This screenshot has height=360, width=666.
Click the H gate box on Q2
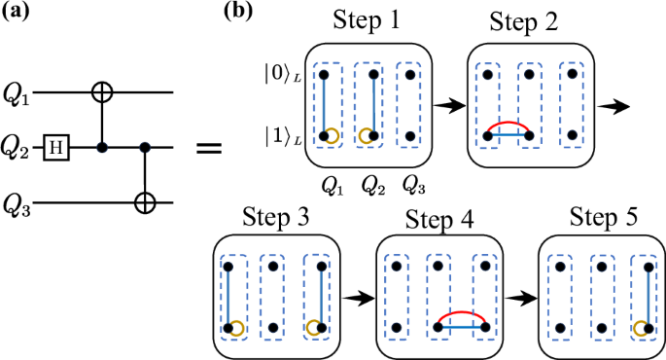tap(57, 149)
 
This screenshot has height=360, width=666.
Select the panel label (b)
tap(239, 14)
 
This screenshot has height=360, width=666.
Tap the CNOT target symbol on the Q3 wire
tap(145, 202)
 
